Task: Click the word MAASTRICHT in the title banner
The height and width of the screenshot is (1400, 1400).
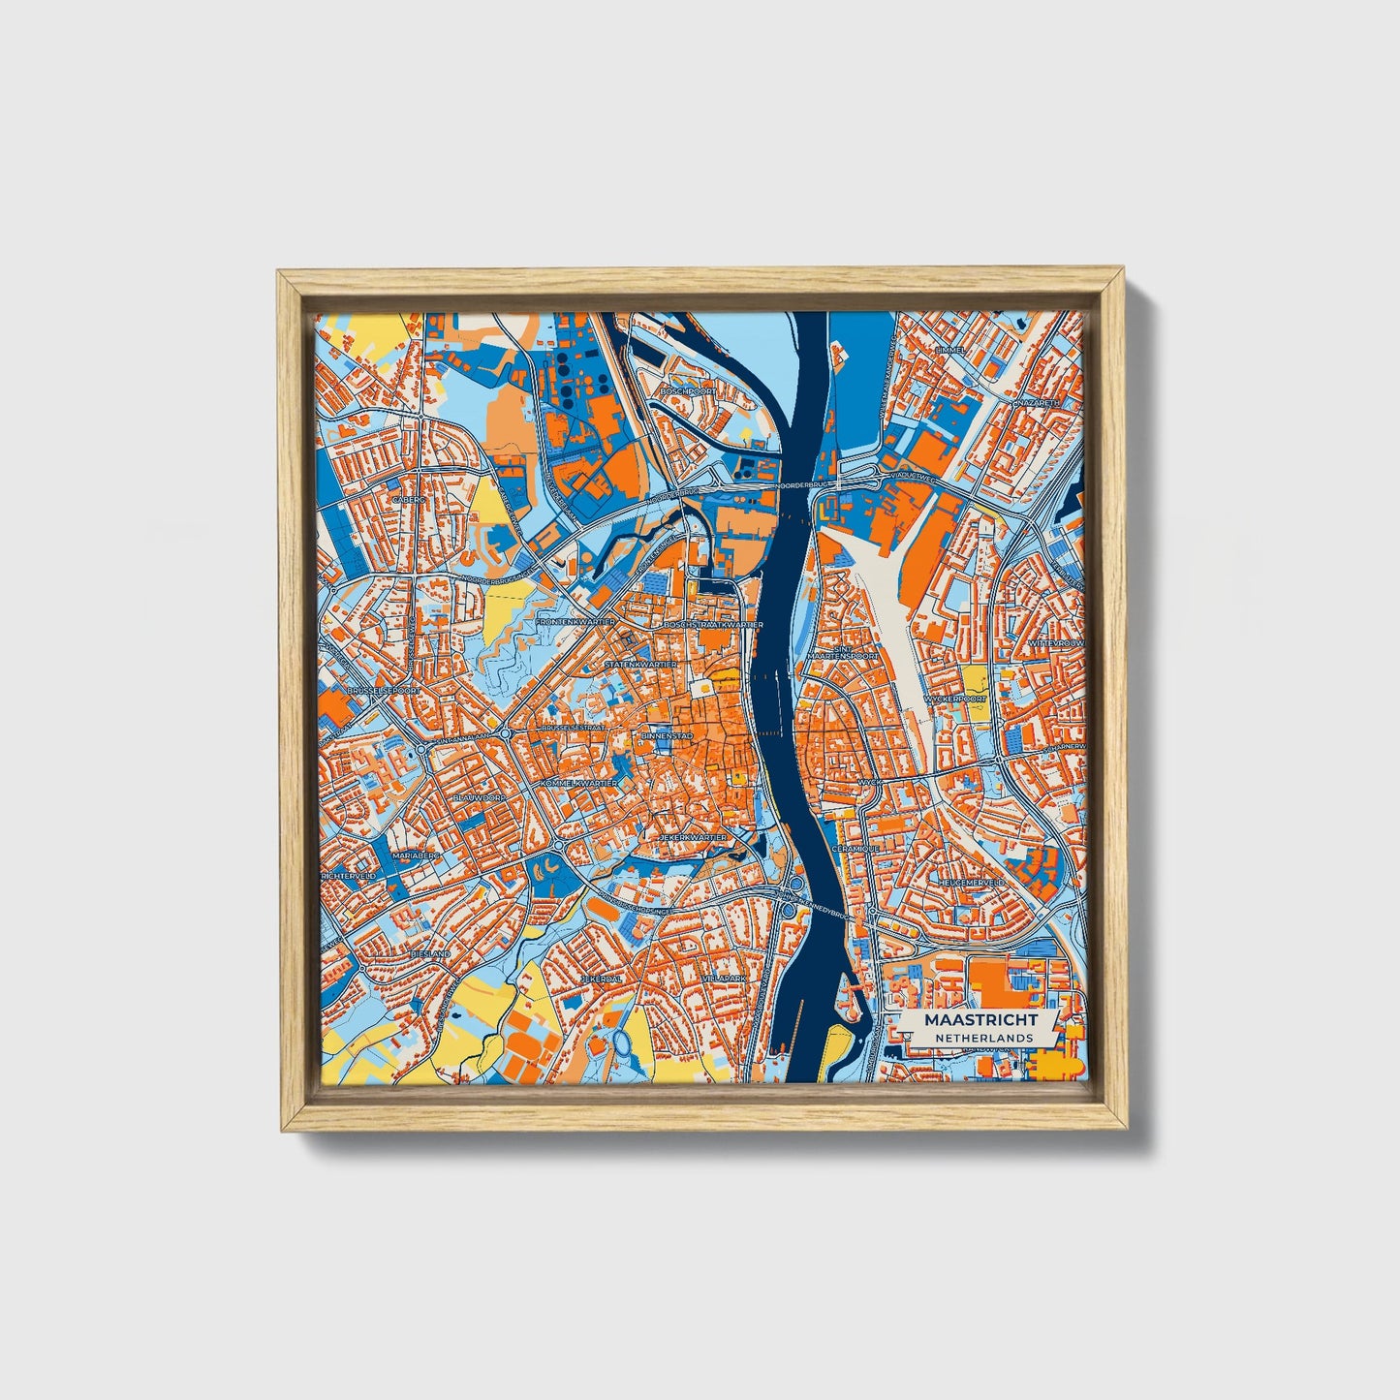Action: [980, 1020]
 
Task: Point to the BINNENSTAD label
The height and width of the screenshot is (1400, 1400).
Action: [663, 737]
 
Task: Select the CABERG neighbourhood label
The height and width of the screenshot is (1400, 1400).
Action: [408, 500]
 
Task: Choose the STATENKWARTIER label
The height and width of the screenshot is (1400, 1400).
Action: [640, 666]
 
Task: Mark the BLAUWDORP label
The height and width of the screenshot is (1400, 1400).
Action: [479, 797]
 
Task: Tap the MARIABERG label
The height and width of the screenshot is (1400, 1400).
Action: [416, 856]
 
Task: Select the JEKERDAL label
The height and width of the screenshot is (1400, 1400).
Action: [601, 980]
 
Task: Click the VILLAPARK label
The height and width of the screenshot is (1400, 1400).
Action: [725, 979]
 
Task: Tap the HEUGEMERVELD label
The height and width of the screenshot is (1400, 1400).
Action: [972, 883]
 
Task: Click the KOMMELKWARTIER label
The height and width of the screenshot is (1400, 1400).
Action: [579, 782]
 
